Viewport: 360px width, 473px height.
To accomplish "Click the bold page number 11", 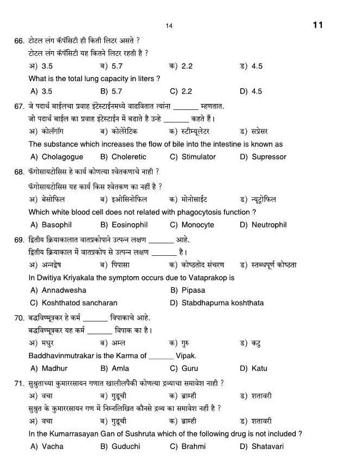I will point(318,25).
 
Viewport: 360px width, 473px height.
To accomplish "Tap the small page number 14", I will point(169,26).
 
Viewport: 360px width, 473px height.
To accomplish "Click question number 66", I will point(19,41).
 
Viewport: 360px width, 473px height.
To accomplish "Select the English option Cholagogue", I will point(62,157).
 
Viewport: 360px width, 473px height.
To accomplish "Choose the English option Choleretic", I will point(129,157).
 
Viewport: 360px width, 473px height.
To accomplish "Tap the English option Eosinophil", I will point(129,225).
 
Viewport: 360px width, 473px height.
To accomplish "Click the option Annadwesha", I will point(64,290).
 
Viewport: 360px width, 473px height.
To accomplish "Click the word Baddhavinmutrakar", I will point(60,355).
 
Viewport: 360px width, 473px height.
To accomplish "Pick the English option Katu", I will point(259,368).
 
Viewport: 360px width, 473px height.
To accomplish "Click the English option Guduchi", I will point(125,446).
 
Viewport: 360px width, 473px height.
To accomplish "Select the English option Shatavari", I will point(269,446).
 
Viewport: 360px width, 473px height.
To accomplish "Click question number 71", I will point(19,384).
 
